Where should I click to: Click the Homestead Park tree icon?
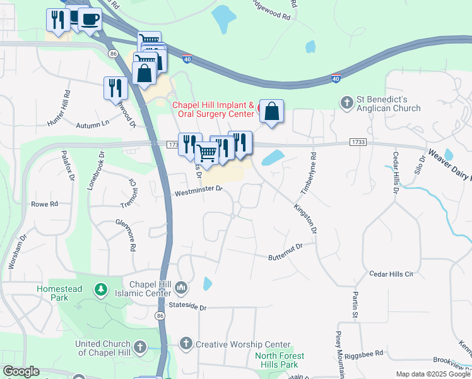click(100, 289)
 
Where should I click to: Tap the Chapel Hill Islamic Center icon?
click(181, 289)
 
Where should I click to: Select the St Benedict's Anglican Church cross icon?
click(346, 102)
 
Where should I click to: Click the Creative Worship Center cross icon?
click(186, 344)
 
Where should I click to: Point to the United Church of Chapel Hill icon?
click(139, 347)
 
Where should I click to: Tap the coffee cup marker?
click(90, 19)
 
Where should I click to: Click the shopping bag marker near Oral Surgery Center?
click(271, 112)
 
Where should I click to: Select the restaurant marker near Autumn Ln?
click(115, 88)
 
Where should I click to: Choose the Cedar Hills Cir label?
click(391, 274)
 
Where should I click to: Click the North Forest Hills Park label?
click(280, 360)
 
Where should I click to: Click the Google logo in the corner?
click(21, 371)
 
